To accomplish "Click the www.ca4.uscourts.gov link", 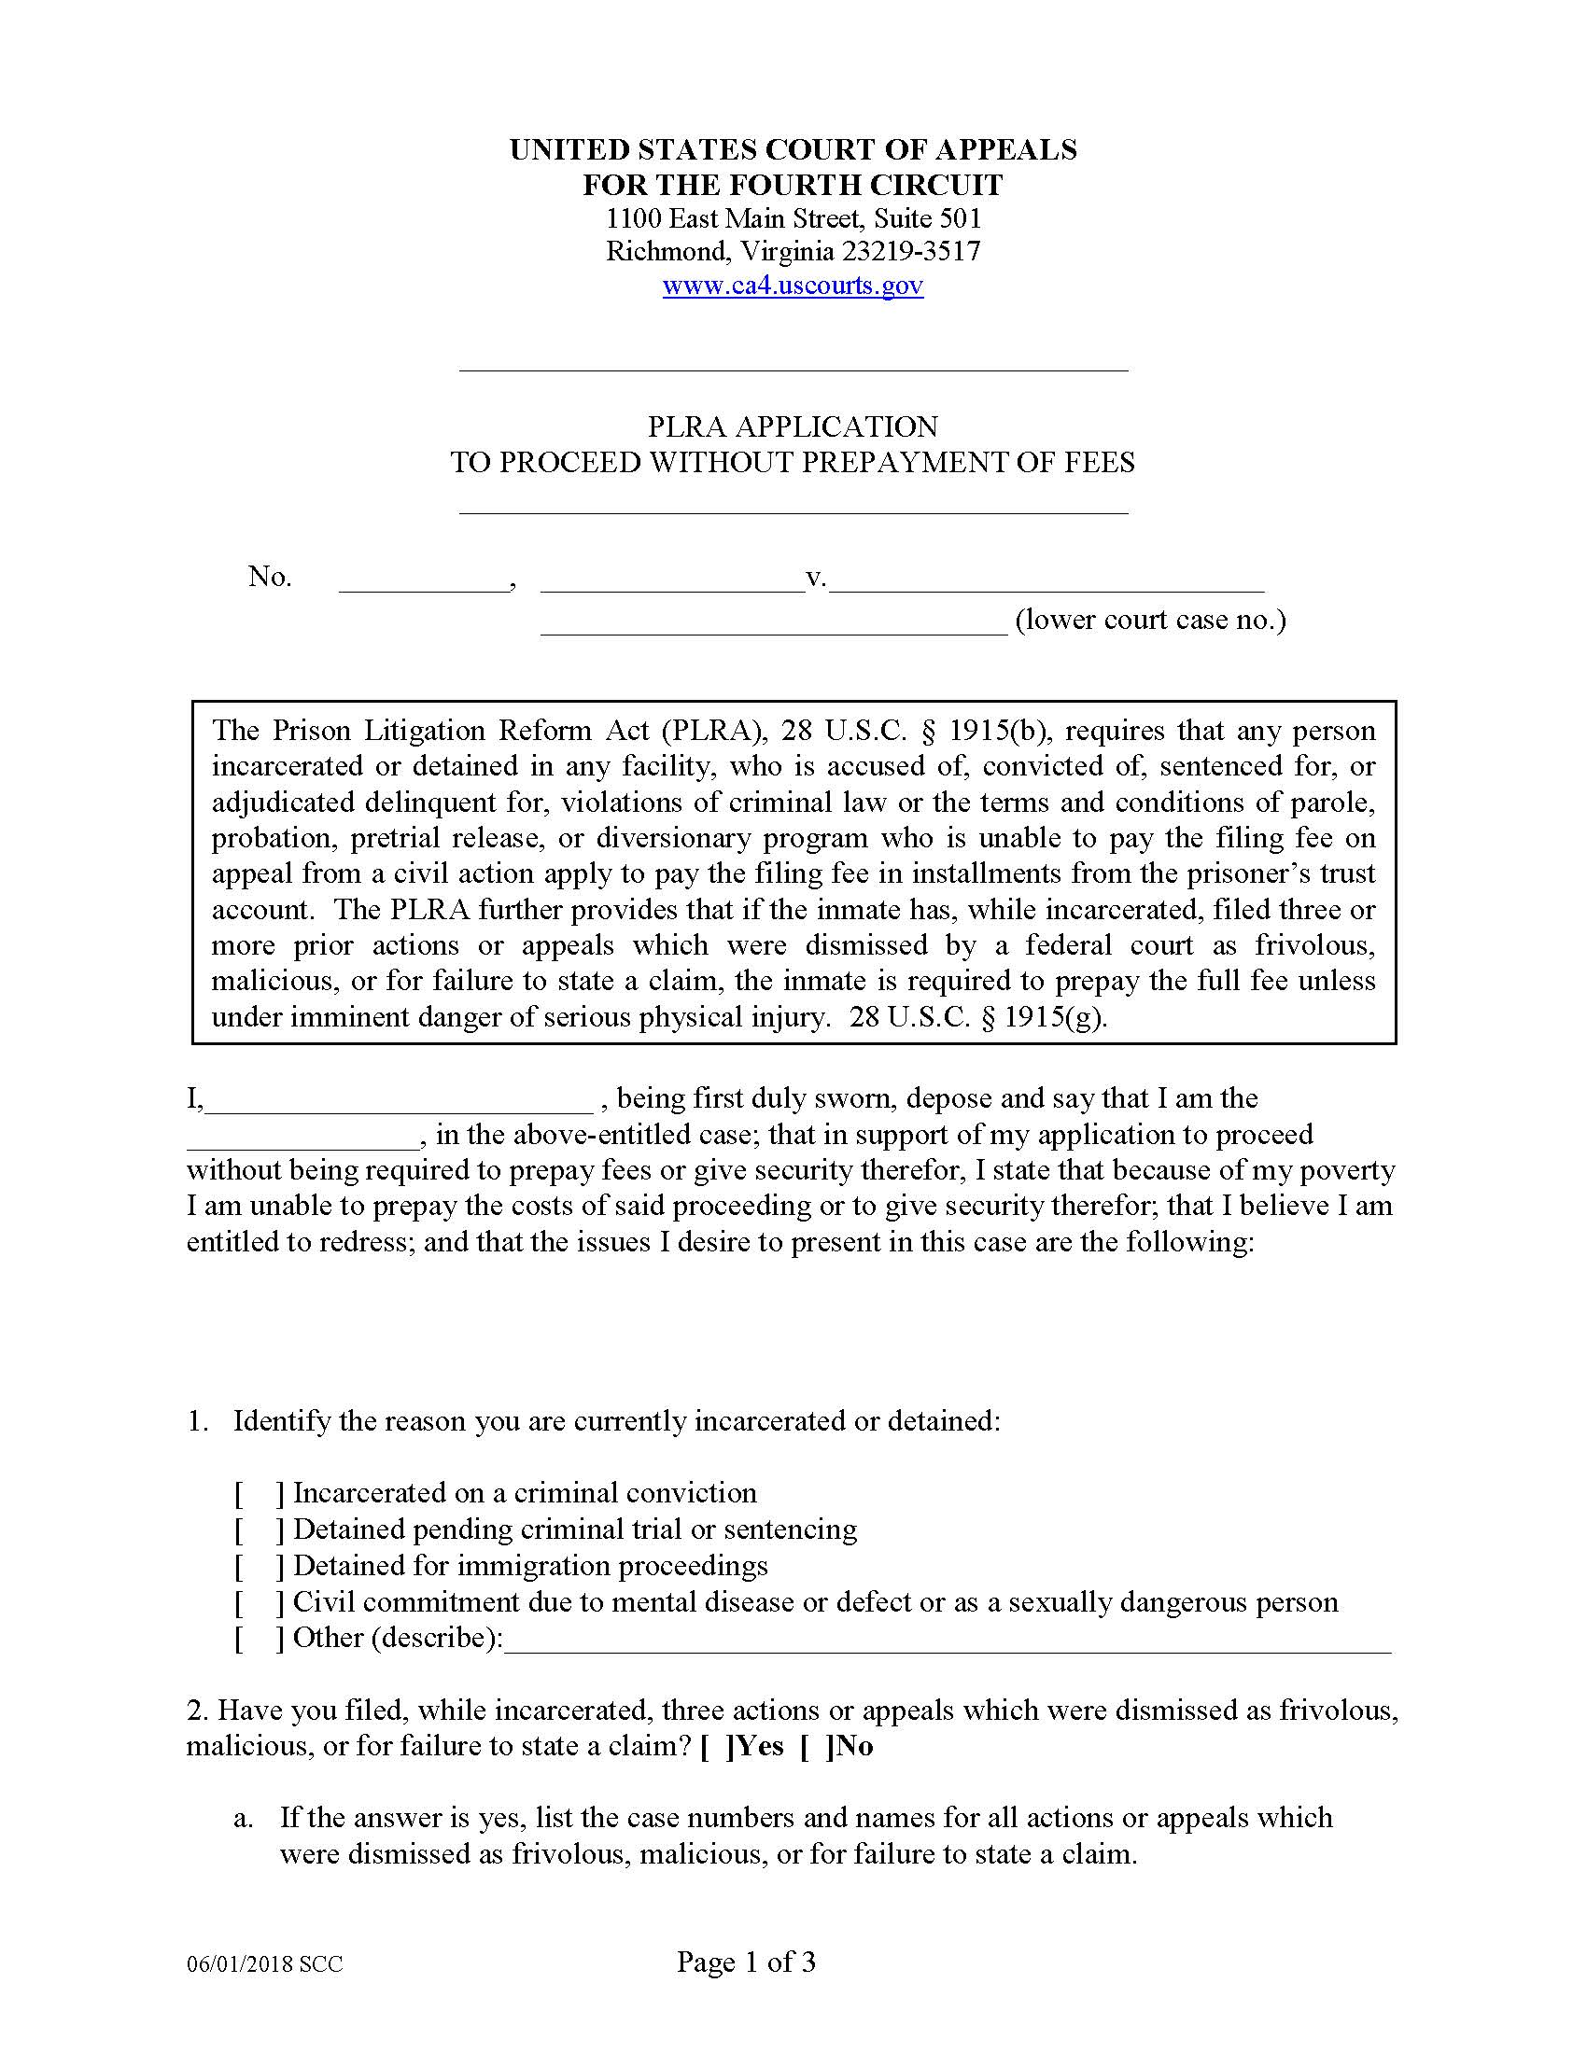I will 793,285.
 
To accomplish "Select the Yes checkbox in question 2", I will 716,1747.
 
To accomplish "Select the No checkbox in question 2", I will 816,1747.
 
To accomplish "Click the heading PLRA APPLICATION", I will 793,426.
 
